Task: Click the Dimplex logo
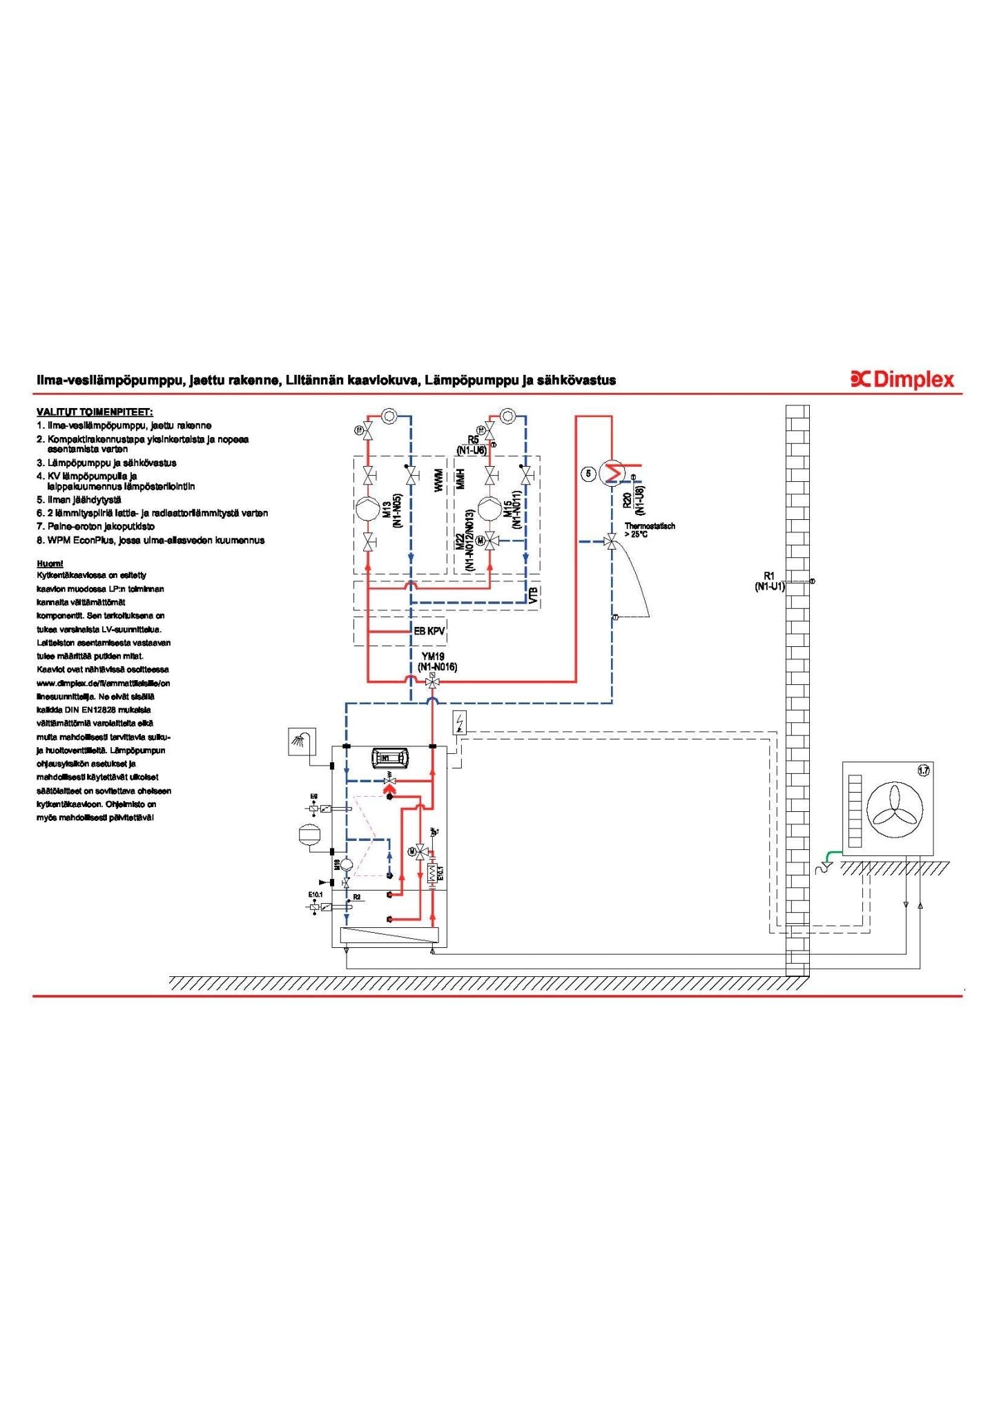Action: tap(902, 379)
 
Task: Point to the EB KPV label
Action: tap(429, 631)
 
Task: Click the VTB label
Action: tap(533, 595)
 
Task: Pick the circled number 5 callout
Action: tap(588, 474)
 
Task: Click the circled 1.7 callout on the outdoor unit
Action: tap(923, 771)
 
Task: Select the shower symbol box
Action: tap(301, 742)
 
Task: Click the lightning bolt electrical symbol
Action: tap(460, 722)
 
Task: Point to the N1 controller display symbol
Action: tap(389, 758)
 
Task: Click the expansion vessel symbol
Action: tap(307, 833)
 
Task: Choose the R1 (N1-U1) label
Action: tap(769, 581)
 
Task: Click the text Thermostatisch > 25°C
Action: tap(649, 530)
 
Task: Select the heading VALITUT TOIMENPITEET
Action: tap(95, 412)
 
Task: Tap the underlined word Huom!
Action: tap(50, 563)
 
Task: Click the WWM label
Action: tap(438, 481)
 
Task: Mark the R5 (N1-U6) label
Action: tap(472, 445)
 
